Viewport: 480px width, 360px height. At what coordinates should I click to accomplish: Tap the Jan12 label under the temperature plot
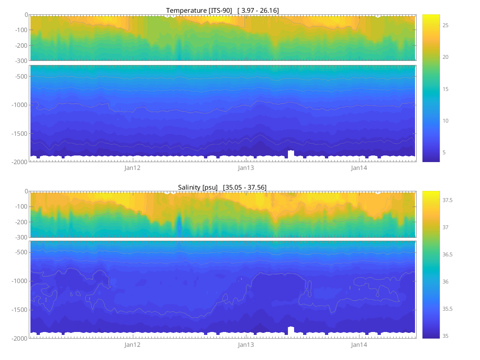tap(132, 168)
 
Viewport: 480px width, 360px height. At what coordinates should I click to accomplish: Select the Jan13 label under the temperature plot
tap(246, 168)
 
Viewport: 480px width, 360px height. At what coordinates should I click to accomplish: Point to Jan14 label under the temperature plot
tap(359, 168)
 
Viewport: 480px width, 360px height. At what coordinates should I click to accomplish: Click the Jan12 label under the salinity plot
tap(132, 345)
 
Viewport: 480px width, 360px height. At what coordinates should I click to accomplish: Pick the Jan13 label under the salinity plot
tap(246, 345)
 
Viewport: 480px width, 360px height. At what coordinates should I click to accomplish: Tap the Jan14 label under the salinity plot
tap(359, 345)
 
